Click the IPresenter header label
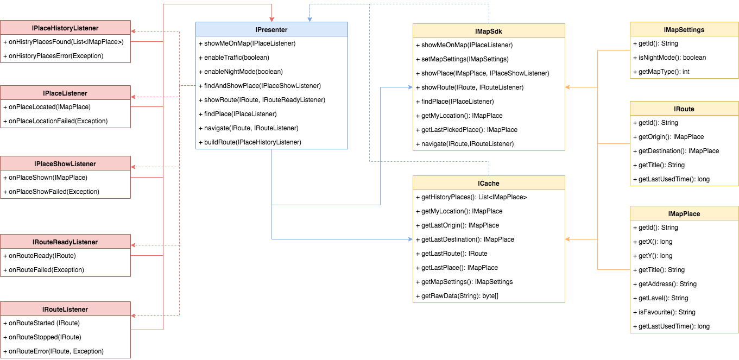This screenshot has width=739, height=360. pyautogui.click(x=271, y=29)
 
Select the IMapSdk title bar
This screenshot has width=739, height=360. pyautogui.click(x=489, y=31)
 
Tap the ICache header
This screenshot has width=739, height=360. pyautogui.click(x=489, y=184)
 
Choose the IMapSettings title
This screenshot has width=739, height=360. pyautogui.click(x=684, y=30)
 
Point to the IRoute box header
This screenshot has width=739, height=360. pyautogui.click(x=684, y=109)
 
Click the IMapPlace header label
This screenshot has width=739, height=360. pyautogui.click(x=684, y=214)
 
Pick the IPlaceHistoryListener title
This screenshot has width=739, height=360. pyautogui.click(x=65, y=28)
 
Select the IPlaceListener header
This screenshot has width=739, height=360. pyautogui.click(x=65, y=93)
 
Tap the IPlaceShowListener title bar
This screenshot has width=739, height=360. pyautogui.click(x=65, y=164)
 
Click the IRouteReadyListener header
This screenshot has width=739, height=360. pyautogui.click(x=65, y=242)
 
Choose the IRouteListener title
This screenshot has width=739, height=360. pyautogui.click(x=65, y=310)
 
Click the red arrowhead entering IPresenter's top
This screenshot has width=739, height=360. pyautogui.click(x=271, y=19)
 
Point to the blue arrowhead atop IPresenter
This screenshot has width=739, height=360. pyautogui.click(x=310, y=19)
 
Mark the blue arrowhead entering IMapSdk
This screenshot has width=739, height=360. pyautogui.click(x=410, y=87)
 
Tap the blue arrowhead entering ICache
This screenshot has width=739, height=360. pyautogui.click(x=410, y=239)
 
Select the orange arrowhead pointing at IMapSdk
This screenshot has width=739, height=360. pyautogui.click(x=567, y=87)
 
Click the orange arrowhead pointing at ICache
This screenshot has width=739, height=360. pyautogui.click(x=567, y=239)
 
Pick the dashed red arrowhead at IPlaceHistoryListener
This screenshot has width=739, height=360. pyautogui.click(x=134, y=31)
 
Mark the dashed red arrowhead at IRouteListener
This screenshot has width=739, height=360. pyautogui.click(x=134, y=315)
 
